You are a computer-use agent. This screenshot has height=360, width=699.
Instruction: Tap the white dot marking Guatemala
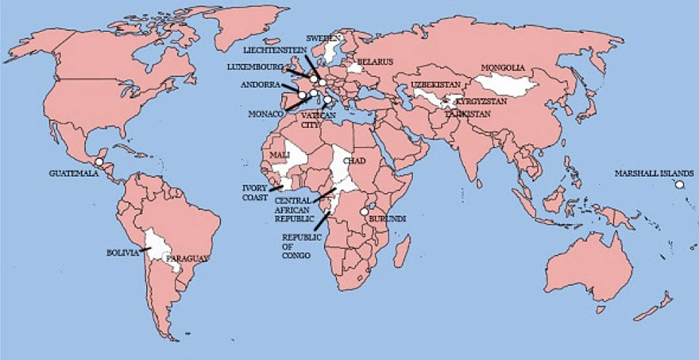tap(98, 162)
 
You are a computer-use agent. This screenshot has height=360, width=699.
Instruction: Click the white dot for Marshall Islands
tap(679, 185)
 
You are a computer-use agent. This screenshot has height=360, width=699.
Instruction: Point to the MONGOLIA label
tap(504, 68)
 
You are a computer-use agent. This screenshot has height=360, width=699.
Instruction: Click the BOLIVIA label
tap(123, 253)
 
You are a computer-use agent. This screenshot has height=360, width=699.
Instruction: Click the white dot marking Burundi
tap(365, 212)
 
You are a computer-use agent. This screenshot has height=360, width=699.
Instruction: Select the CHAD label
tap(353, 161)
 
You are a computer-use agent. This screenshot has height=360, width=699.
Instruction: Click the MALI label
tap(280, 153)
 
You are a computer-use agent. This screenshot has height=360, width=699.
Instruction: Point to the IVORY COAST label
tap(256, 193)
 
